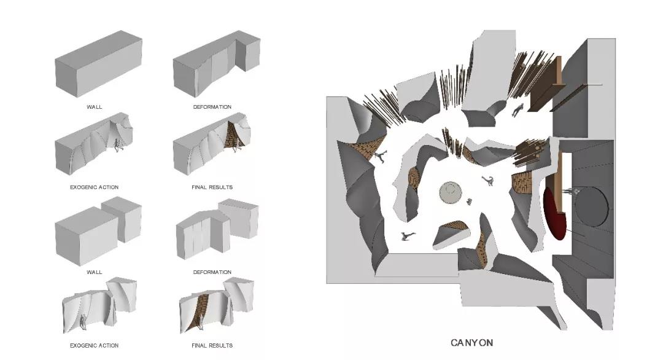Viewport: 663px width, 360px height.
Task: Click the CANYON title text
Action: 471,343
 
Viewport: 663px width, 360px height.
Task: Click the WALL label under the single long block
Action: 95,107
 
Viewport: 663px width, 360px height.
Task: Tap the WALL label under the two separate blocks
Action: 95,272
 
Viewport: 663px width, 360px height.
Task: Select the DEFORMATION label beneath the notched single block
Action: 212,107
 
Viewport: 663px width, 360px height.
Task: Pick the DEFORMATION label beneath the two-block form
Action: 212,272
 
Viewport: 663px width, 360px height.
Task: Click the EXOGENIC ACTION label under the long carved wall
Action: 95,187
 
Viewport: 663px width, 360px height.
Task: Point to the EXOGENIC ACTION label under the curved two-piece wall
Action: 95,346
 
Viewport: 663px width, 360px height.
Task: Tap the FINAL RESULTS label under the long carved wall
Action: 212,187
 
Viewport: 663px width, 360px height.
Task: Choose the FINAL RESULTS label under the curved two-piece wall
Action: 212,346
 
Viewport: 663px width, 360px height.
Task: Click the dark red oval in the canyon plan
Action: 554,214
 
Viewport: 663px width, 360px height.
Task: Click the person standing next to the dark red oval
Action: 572,192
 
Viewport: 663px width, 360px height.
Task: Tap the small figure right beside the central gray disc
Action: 468,202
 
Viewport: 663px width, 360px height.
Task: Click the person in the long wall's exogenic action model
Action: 117,146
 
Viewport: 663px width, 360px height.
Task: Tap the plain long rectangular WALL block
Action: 98,63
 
